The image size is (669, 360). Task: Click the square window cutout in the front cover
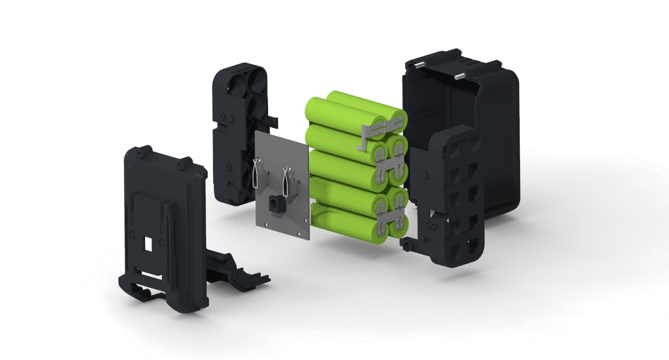(149, 244)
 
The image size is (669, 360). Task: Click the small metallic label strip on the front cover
(152, 274)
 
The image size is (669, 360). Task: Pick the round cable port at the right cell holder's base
(407, 246)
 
